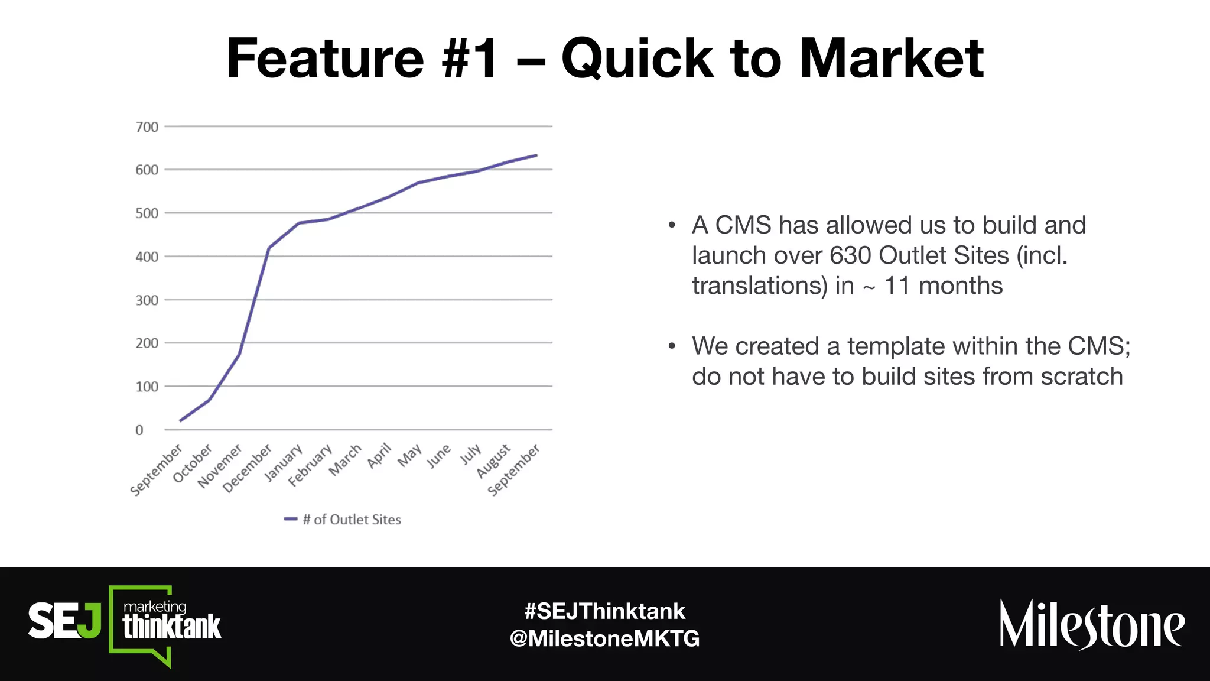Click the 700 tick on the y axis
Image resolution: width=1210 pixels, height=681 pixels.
(147, 127)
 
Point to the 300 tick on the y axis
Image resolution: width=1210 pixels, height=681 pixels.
(147, 300)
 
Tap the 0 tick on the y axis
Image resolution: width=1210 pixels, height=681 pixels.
(139, 430)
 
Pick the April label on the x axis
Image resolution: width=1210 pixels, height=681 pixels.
(380, 456)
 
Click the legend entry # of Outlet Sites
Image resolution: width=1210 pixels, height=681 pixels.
(351, 520)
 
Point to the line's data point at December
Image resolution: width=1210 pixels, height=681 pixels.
(269, 248)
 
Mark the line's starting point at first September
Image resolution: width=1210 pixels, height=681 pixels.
(180, 421)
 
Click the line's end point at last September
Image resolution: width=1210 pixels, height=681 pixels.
(536, 155)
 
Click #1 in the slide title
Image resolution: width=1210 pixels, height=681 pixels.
(470, 59)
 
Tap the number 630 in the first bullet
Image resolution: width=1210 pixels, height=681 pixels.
(850, 255)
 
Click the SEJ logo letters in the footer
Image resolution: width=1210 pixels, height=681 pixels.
(64, 621)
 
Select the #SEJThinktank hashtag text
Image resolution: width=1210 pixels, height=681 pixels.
(604, 611)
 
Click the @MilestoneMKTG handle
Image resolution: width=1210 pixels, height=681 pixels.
(604, 638)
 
